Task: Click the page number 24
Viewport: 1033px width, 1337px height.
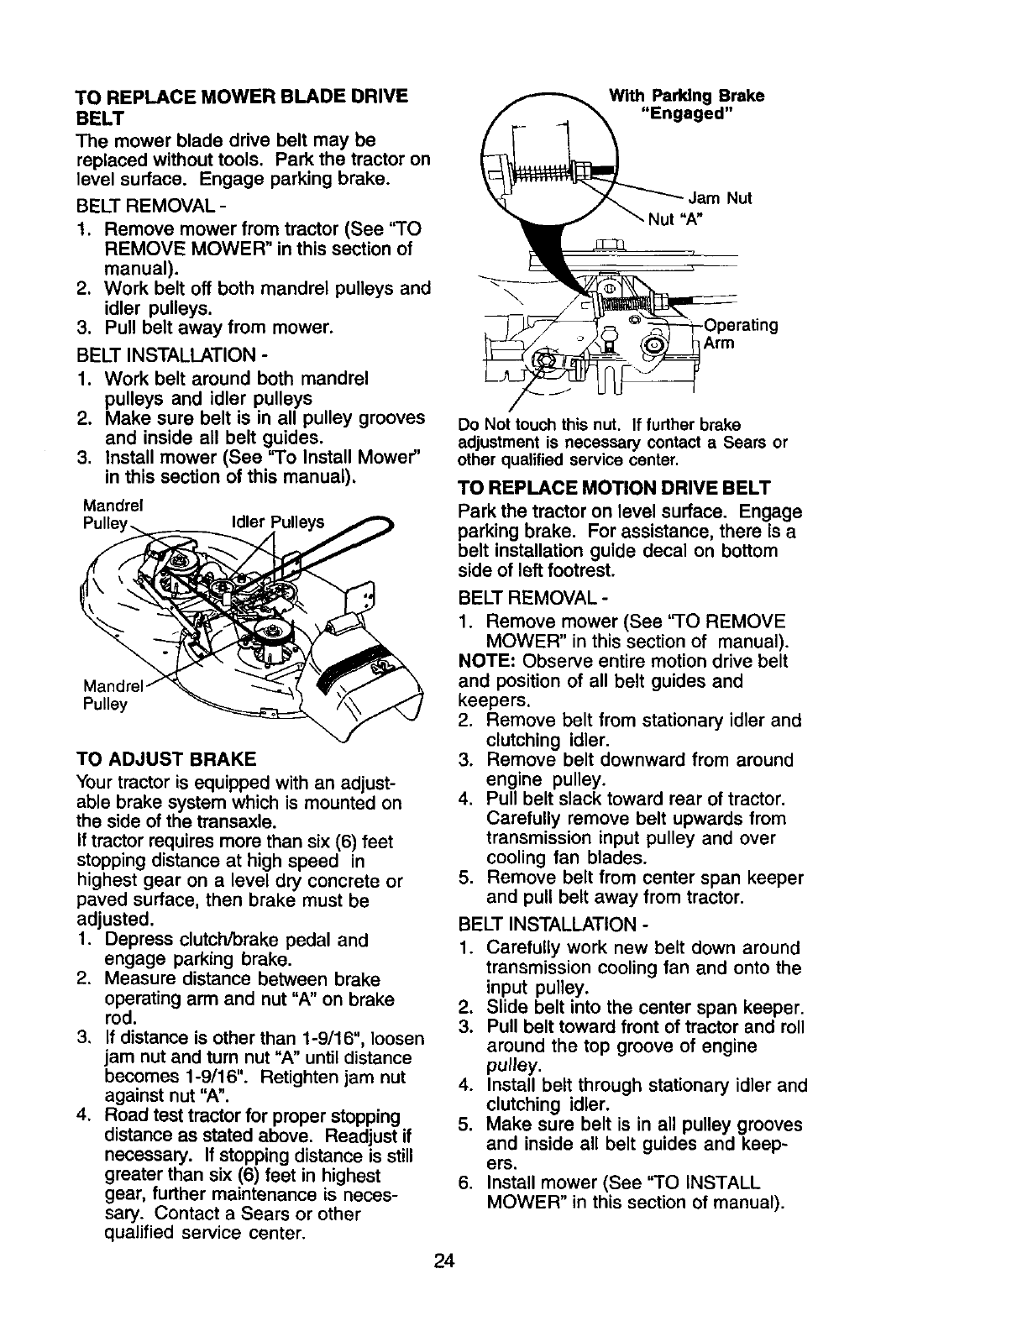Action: tap(445, 1308)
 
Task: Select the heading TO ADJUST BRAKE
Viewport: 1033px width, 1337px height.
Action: tap(165, 760)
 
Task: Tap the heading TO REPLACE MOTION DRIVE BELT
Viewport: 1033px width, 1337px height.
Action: tap(614, 488)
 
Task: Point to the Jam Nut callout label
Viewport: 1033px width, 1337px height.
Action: tap(720, 199)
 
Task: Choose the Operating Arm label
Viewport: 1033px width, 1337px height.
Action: tap(741, 334)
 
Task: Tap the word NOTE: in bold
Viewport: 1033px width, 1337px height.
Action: tap(480, 661)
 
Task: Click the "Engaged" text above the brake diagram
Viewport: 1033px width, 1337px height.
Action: tap(686, 114)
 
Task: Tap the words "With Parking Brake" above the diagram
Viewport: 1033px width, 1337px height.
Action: tap(686, 96)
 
